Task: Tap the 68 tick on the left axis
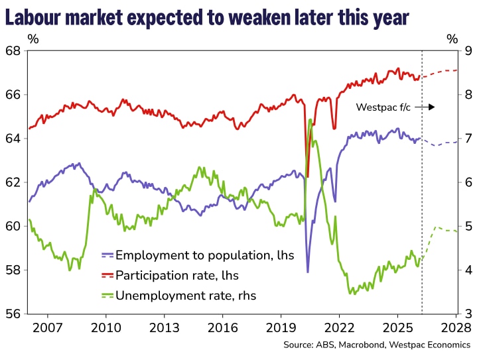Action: coord(13,51)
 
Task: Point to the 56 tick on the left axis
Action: coord(13,314)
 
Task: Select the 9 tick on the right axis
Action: coord(470,51)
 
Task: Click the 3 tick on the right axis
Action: coord(470,314)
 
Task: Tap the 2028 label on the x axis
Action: coord(456,328)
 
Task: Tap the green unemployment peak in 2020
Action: coord(310,120)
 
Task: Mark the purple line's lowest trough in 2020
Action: coord(307,271)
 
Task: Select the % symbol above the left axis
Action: coord(33,38)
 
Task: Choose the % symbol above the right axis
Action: coord(452,38)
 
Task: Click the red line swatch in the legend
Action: coord(107,274)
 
